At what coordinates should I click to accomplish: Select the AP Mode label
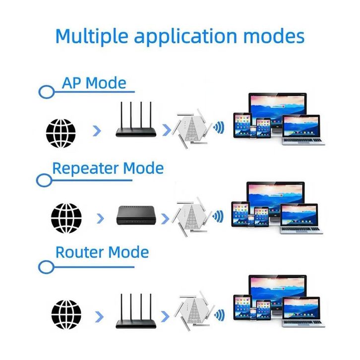pyautogui.click(x=94, y=82)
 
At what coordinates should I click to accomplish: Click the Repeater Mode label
pyautogui.click(x=108, y=168)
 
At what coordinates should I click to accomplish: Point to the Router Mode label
pyautogui.click(x=102, y=252)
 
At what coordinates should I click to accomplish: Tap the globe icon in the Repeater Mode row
pyautogui.click(x=66, y=217)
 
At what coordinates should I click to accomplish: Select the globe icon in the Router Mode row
pyautogui.click(x=66, y=314)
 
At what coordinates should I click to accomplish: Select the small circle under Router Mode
pyautogui.click(x=46, y=267)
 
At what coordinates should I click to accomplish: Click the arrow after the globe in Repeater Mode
pyautogui.click(x=101, y=218)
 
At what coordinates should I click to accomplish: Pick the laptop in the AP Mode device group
pyautogui.click(x=301, y=130)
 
